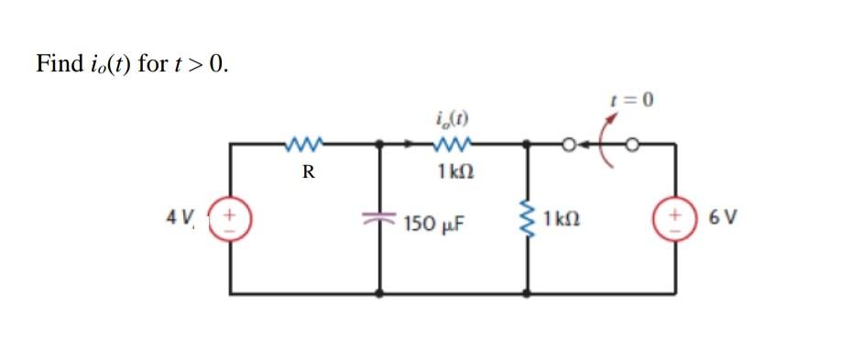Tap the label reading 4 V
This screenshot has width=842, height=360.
point(180,217)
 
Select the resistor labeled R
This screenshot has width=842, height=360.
point(303,143)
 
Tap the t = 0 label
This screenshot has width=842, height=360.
point(633,99)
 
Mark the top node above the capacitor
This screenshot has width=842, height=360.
point(380,144)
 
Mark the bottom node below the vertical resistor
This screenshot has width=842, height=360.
point(528,293)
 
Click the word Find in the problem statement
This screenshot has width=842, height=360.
point(58,63)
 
